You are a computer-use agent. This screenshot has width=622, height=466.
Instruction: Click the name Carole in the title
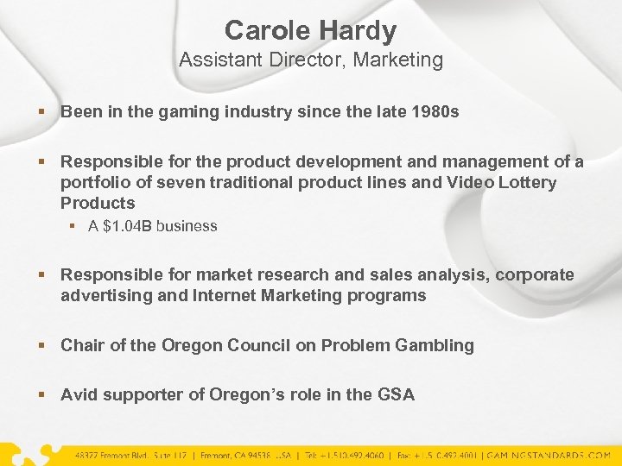268,32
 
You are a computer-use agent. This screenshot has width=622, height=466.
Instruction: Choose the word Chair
82,345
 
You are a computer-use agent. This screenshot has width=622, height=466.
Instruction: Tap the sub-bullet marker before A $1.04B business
75,226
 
